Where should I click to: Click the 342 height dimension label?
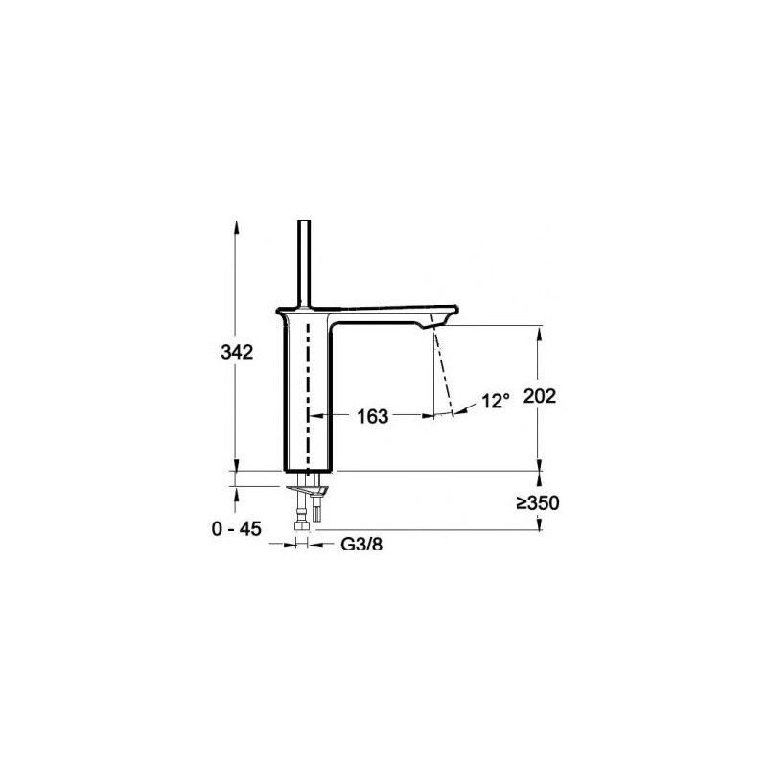[x=235, y=353]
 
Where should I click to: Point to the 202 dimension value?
[x=542, y=396]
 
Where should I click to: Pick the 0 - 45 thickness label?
[x=236, y=526]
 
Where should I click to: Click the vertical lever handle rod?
[x=306, y=264]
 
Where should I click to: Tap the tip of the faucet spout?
[x=451, y=313]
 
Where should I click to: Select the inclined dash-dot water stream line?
[x=441, y=374]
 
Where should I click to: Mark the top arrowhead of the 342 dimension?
[x=235, y=226]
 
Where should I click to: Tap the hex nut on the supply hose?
[x=306, y=523]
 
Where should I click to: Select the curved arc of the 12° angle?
[x=465, y=411]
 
